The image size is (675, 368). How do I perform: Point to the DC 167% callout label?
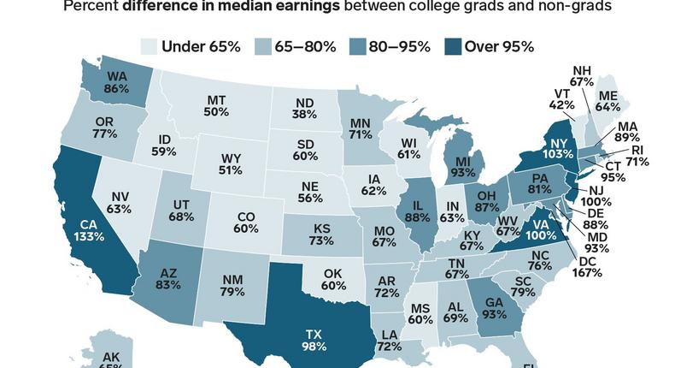click(x=587, y=266)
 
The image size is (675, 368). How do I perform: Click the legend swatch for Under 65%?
click(x=149, y=46)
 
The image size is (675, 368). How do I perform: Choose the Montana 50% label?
click(x=216, y=106)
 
